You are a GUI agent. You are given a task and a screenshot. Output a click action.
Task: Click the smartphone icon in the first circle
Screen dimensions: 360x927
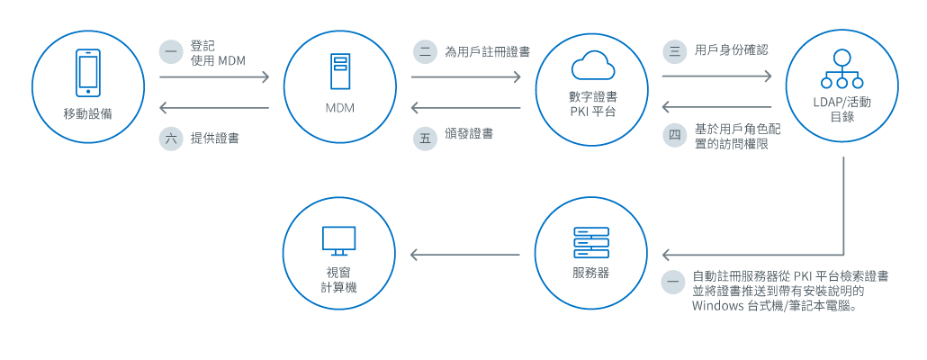coord(88,72)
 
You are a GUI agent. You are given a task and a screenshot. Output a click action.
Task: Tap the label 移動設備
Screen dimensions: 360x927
coord(88,113)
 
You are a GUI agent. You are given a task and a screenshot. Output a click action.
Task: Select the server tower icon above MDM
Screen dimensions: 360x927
coord(339,72)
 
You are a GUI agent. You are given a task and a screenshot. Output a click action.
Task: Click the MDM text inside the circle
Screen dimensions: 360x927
coord(339,108)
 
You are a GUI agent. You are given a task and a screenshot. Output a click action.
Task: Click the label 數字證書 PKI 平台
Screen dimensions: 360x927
coord(591,103)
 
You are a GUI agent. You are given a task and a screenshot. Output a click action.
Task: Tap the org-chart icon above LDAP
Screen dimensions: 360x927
coord(842,66)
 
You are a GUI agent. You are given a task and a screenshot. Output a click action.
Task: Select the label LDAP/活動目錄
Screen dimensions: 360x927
coord(842,109)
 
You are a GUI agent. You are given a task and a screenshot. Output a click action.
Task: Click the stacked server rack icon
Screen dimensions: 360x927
coord(591,241)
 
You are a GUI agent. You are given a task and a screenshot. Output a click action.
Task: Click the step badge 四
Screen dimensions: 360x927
coord(674,137)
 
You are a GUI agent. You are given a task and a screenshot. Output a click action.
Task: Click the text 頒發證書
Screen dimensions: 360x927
coord(469,134)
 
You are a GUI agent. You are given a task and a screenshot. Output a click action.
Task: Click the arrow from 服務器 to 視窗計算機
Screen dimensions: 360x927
coord(465,255)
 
